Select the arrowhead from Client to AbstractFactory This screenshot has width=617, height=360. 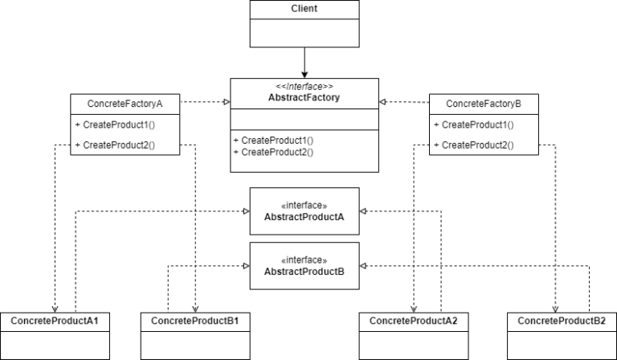tap(304, 74)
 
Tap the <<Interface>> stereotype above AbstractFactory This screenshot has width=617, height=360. tap(304, 87)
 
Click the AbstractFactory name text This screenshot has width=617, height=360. tap(304, 98)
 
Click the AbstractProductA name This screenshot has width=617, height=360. tap(304, 217)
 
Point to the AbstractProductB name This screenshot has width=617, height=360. tap(304, 272)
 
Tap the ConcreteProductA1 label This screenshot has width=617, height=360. tap(55, 321)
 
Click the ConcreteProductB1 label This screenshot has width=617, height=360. tap(195, 321)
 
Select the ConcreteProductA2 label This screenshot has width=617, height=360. tap(413, 321)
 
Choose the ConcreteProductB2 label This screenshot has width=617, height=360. tap(562, 321)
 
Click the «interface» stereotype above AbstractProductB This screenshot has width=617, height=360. tap(304, 260)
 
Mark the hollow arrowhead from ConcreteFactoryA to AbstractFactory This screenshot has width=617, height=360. tap(226, 103)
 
